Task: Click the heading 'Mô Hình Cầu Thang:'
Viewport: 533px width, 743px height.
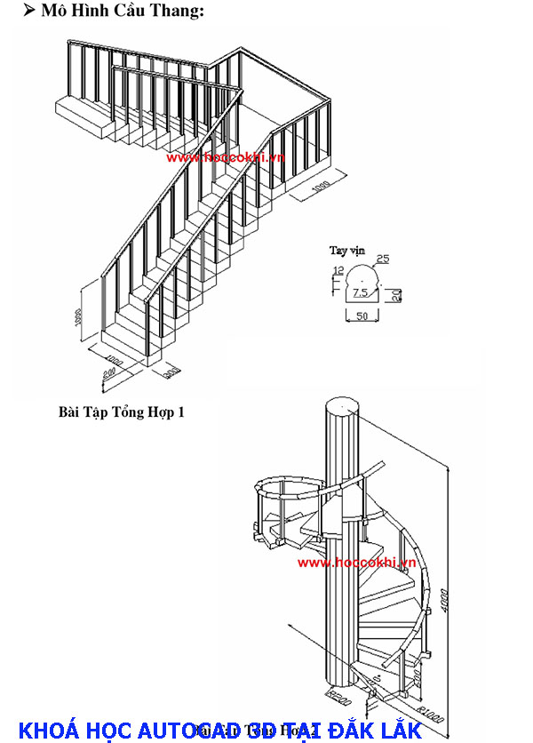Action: pos(122,12)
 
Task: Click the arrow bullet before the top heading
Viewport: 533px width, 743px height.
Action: pos(28,11)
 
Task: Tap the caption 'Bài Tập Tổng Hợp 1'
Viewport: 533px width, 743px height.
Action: pos(122,411)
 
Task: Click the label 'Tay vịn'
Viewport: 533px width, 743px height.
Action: pos(347,251)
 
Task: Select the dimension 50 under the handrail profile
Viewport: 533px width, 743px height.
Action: pos(362,316)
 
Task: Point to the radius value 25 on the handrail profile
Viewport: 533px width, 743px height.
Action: pos(383,260)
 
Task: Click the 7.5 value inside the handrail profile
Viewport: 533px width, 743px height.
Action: pos(360,292)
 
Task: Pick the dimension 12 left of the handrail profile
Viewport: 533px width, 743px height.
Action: pos(338,271)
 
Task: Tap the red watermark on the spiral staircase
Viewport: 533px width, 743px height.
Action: pos(357,563)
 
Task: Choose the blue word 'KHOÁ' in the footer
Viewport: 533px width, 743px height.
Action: pos(49,731)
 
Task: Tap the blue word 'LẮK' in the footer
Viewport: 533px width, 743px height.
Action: pos(399,731)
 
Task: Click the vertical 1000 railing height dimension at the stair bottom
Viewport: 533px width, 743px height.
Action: pos(78,317)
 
